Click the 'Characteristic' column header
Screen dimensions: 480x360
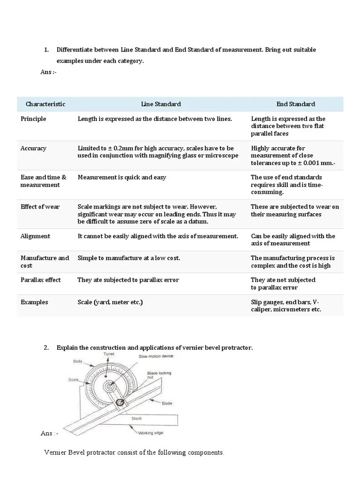click(x=45, y=104)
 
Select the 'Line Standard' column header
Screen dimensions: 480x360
click(x=161, y=104)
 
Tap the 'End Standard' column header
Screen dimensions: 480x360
click(x=295, y=104)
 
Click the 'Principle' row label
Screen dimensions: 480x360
click(x=33, y=119)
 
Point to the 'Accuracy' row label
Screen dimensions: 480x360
click(x=33, y=148)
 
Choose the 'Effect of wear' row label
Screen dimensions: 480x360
click(x=40, y=207)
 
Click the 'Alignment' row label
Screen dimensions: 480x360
click(x=35, y=236)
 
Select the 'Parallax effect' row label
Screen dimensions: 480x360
click(x=41, y=280)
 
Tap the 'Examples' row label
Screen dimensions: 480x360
click(x=34, y=302)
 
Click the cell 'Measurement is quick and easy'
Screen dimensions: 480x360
click(x=122, y=178)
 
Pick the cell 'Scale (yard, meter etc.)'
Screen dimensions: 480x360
click(x=110, y=302)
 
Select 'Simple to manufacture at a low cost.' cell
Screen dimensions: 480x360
click(x=129, y=258)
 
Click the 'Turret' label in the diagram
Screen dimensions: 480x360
click(x=108, y=355)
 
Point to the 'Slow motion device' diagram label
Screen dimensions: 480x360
click(x=156, y=357)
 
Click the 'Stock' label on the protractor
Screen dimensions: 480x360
click(x=136, y=419)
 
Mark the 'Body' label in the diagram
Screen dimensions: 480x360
click(x=77, y=361)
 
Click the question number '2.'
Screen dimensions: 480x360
click(x=46, y=348)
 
